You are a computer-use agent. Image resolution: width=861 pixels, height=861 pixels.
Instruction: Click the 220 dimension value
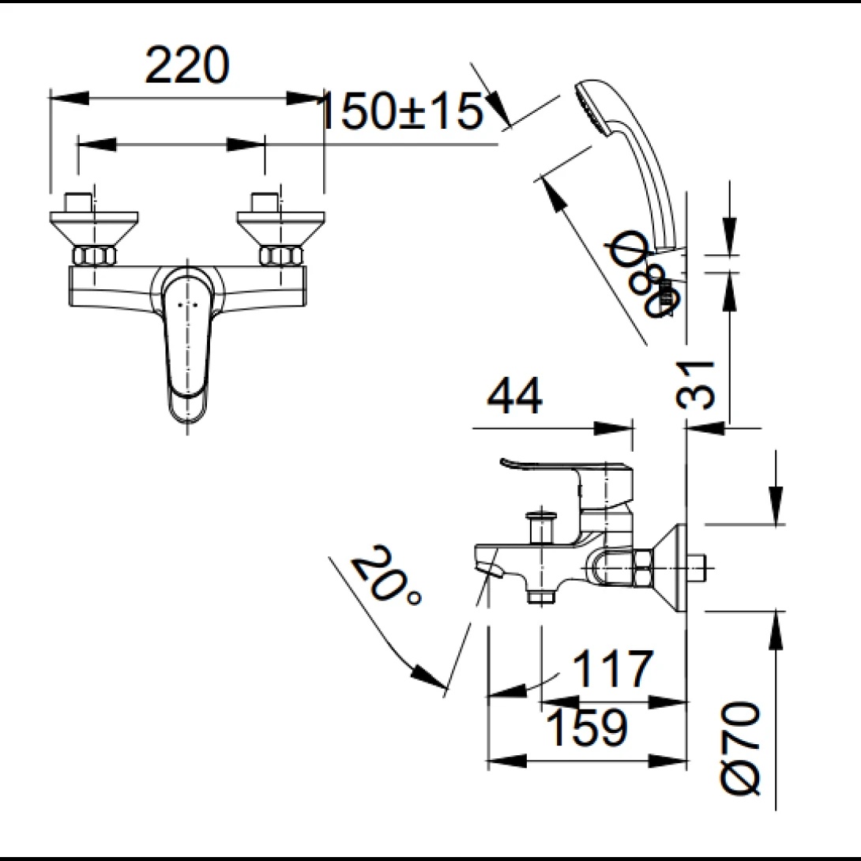[x=186, y=65]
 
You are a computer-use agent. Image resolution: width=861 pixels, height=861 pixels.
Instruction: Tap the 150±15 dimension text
[x=400, y=111]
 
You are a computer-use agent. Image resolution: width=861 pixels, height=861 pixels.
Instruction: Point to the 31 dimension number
[x=695, y=385]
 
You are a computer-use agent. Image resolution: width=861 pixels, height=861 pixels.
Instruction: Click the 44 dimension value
[x=514, y=396]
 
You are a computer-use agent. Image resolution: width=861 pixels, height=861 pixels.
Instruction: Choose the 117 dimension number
[x=613, y=668]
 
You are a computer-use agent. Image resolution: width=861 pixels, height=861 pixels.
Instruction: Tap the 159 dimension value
[x=586, y=728]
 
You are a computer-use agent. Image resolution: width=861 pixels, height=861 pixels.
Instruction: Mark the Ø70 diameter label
[x=739, y=748]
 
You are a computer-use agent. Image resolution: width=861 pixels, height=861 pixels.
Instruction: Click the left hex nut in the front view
[x=94, y=256]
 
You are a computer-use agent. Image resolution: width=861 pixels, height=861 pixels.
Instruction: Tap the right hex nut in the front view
[x=281, y=256]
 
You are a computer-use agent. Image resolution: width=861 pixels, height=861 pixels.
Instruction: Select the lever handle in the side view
[x=566, y=478]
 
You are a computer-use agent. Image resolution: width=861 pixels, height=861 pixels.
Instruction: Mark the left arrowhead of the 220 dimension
[x=69, y=98]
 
